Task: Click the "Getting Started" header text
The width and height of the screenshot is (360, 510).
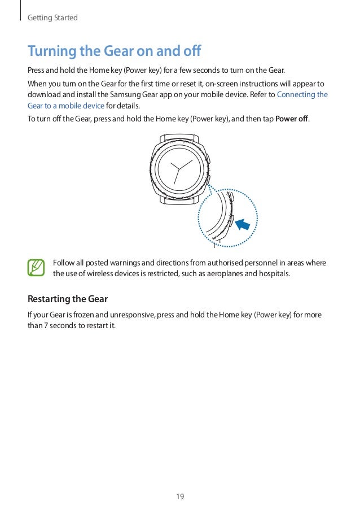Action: [52, 18]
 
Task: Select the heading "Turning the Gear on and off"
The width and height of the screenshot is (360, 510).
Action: [115, 52]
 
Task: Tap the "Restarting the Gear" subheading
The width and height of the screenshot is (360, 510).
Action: [68, 298]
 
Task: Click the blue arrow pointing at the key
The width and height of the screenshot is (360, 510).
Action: [243, 225]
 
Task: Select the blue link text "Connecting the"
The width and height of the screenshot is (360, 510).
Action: [302, 94]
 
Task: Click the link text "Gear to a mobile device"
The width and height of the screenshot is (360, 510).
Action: [66, 106]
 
